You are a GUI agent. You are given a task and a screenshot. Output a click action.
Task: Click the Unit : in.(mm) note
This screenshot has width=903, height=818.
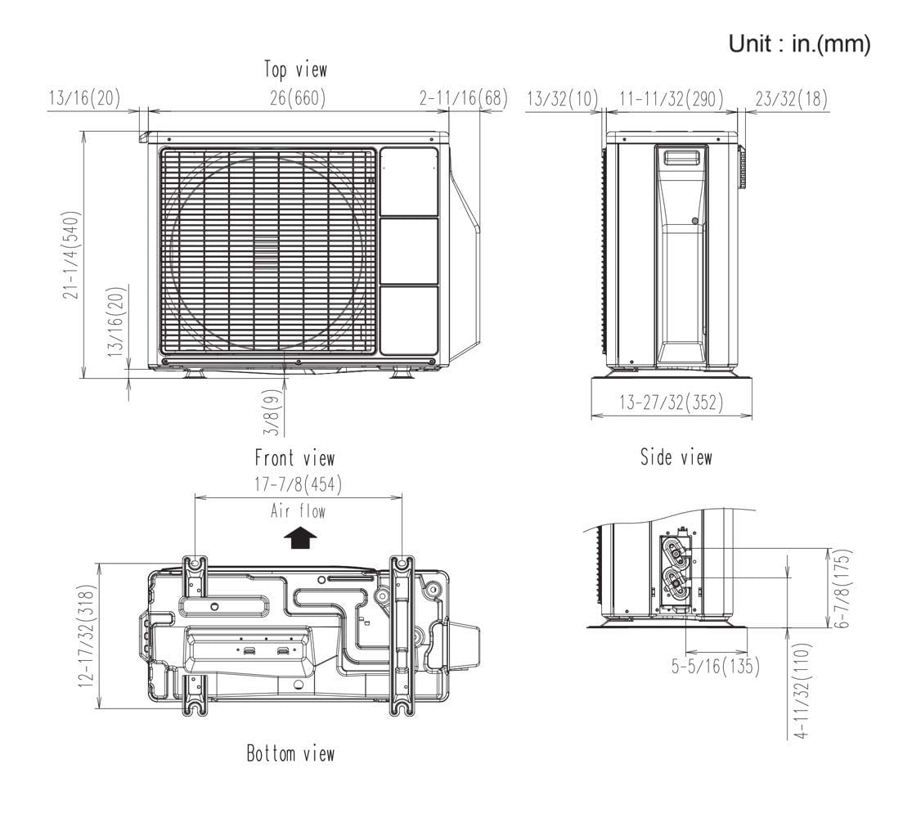tap(799, 46)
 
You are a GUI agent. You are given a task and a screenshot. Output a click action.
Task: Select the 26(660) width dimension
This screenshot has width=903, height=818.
tap(298, 99)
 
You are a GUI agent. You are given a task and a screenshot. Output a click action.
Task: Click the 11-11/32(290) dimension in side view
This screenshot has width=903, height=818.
tap(671, 99)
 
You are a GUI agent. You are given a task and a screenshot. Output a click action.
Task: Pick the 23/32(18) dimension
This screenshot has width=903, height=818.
tap(789, 99)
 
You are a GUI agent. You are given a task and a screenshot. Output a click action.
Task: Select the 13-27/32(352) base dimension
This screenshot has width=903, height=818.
tap(671, 403)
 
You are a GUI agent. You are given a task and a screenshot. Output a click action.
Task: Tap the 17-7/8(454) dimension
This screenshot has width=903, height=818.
tap(298, 484)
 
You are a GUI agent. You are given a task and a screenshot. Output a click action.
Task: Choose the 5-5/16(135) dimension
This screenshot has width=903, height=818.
tap(715, 666)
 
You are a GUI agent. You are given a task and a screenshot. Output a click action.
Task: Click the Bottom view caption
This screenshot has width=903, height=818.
tap(290, 753)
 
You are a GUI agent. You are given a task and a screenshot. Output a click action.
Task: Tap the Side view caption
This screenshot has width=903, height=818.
tap(676, 457)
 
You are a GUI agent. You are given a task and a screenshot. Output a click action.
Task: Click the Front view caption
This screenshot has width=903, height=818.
tap(294, 457)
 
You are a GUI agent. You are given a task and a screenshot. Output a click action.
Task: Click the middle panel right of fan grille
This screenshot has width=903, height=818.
tap(409, 251)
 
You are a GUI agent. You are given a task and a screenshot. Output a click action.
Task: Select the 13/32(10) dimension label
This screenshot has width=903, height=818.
tap(560, 99)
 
